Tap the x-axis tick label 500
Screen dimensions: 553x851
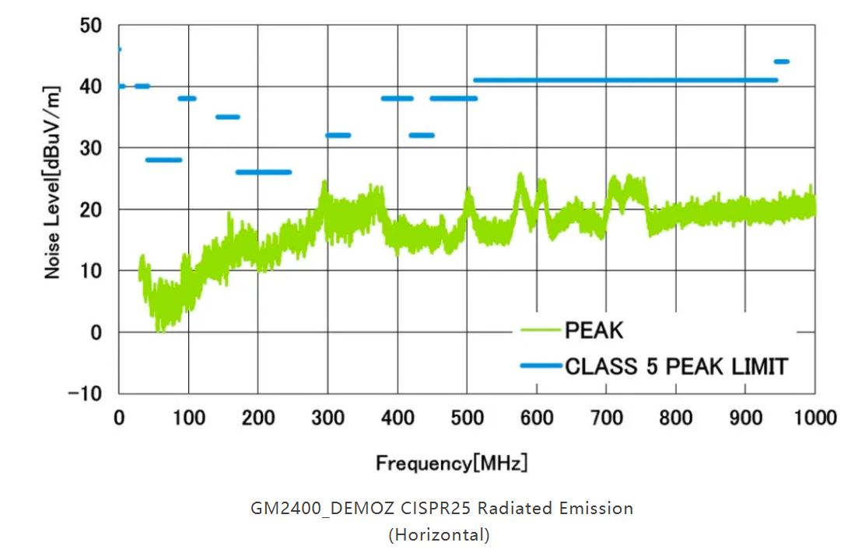coord(468,418)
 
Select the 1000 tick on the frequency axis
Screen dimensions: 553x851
coord(815,418)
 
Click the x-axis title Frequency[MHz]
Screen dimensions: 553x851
coord(452,464)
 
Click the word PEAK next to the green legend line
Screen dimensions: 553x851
coord(594,331)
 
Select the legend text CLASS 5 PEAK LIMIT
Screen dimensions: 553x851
coord(676,366)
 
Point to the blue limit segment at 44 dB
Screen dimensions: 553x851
coord(781,61)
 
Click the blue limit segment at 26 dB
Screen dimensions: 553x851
coord(264,172)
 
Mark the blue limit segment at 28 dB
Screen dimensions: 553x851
coord(163,159)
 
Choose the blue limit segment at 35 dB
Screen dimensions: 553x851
coord(227,117)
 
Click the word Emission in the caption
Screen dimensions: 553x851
coord(596,509)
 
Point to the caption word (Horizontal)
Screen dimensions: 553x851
coord(440,535)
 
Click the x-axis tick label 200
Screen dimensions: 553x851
coord(258,418)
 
